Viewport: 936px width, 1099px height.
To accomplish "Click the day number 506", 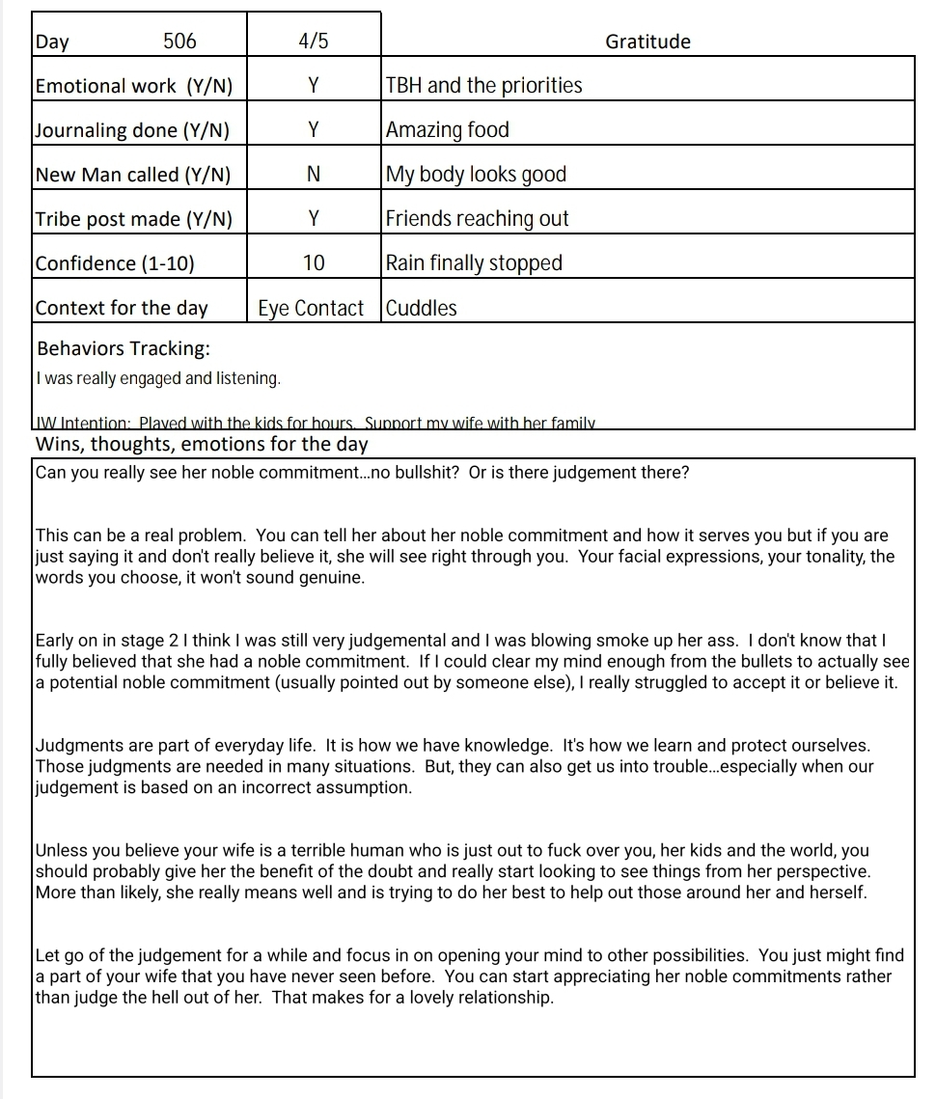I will pyautogui.click(x=179, y=41).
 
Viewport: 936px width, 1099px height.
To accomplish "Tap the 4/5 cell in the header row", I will pyautogui.click(x=314, y=41).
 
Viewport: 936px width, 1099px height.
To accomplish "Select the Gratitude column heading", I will pyautogui.click(x=647, y=41).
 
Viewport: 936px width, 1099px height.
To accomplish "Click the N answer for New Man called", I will pyautogui.click(x=314, y=175).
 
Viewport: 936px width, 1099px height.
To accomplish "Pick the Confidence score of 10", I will pyautogui.click(x=314, y=263).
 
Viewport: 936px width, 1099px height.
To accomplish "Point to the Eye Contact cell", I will pyautogui.click(x=311, y=309).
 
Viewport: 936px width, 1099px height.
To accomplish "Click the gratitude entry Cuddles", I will pyautogui.click(x=422, y=309).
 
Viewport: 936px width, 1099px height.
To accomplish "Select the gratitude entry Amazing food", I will pyautogui.click(x=447, y=130).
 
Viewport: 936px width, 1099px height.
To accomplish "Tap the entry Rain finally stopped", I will pyautogui.click(x=474, y=263).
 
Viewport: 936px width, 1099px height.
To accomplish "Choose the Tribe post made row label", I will pyautogui.click(x=133, y=219).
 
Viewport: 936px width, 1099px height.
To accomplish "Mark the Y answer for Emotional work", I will pyautogui.click(x=314, y=86).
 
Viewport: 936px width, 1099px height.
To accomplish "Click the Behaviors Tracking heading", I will pyautogui.click(x=123, y=348).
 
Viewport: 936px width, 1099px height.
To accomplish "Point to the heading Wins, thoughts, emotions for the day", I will pyautogui.click(x=202, y=444).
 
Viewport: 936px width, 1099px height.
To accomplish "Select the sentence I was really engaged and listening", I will pyautogui.click(x=157, y=378).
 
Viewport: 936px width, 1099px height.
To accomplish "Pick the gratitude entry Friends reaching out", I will pyautogui.click(x=477, y=219).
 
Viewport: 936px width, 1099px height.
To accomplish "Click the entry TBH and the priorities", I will pyautogui.click(x=483, y=86).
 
